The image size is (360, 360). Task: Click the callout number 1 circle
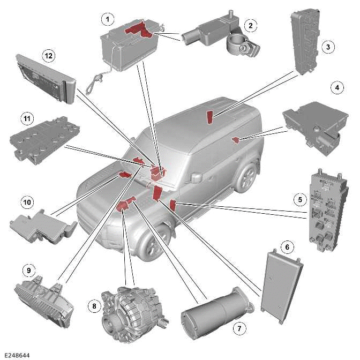point(109,19)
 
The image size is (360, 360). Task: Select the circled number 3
point(331,47)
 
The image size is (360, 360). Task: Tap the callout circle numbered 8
point(95,306)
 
